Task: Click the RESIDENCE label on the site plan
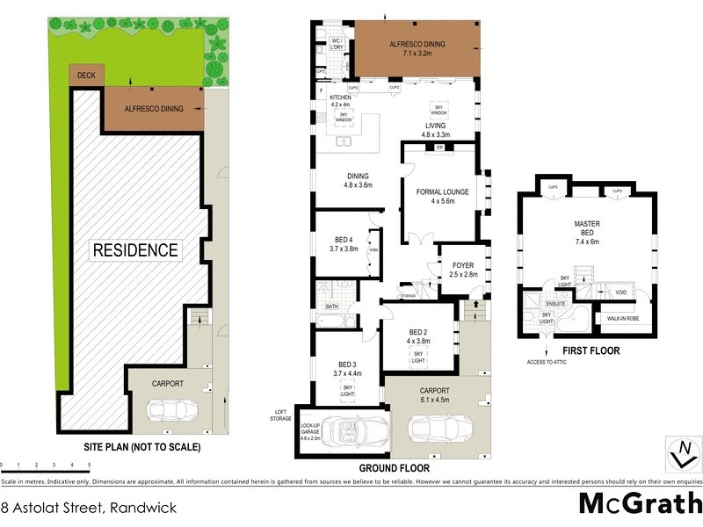(135, 249)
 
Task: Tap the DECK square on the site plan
(86, 76)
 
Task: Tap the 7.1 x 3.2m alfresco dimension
(418, 53)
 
